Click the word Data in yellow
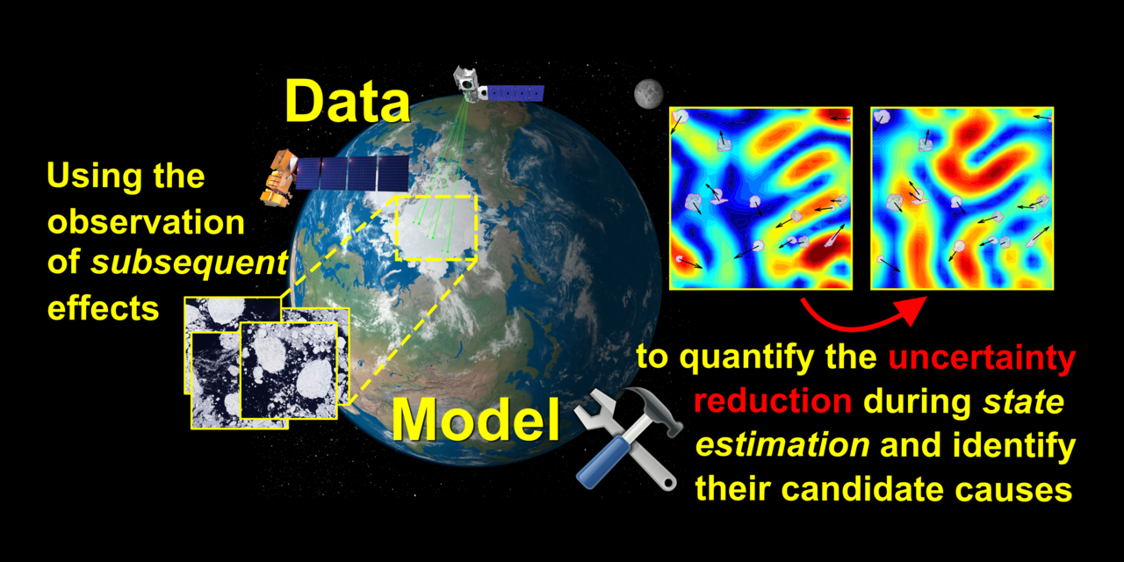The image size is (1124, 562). pos(348,102)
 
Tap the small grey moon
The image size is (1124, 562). pos(648,91)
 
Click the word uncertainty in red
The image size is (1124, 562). pos(982,358)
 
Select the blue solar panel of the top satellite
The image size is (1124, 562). pos(516,92)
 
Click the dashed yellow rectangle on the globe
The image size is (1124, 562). pos(436,227)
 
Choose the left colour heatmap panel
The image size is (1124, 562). pos(760,198)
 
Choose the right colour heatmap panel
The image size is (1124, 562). pos(962,198)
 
